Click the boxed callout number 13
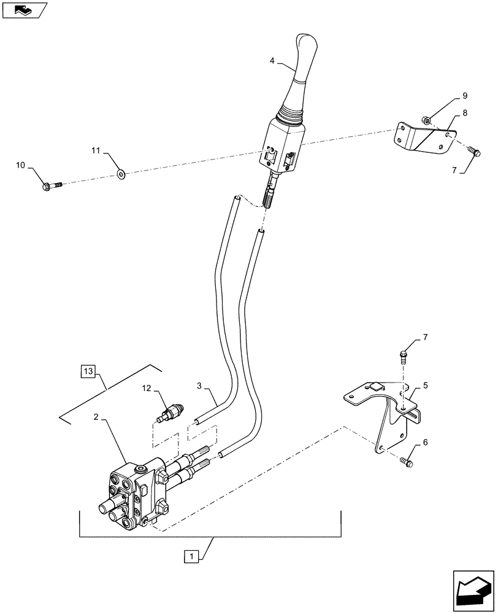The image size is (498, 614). [x=88, y=371]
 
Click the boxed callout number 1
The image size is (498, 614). [x=192, y=557]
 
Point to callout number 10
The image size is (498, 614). [x=21, y=165]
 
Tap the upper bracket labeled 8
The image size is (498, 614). [x=423, y=138]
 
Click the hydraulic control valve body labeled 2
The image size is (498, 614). [x=136, y=491]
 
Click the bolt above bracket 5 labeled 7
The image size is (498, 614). [x=404, y=356]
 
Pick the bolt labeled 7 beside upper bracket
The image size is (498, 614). [x=473, y=150]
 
